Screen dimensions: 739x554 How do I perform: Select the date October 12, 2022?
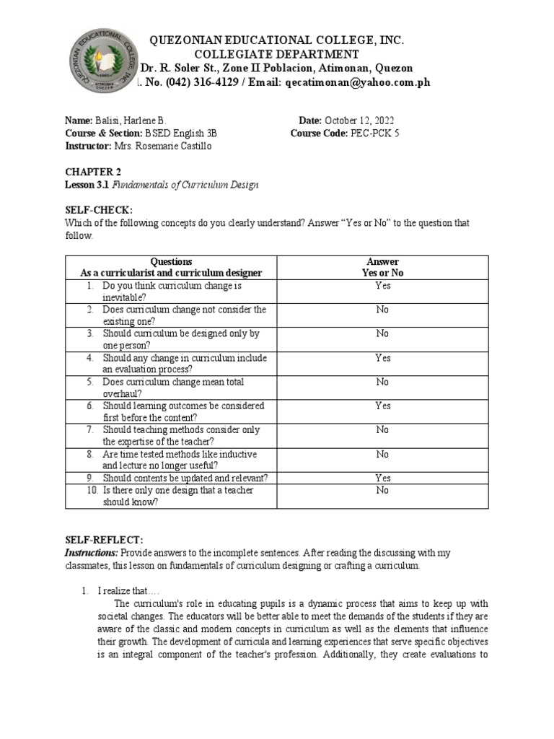(x=359, y=121)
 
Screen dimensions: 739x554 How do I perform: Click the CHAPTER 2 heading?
(x=90, y=172)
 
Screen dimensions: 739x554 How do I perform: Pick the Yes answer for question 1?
(x=382, y=286)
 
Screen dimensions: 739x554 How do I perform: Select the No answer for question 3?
(x=382, y=334)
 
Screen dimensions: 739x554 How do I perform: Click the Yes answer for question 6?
(x=382, y=406)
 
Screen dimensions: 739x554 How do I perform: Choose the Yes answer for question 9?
(x=382, y=478)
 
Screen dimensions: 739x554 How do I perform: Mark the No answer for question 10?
(x=382, y=490)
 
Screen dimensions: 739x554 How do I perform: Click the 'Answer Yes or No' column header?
(x=382, y=267)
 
